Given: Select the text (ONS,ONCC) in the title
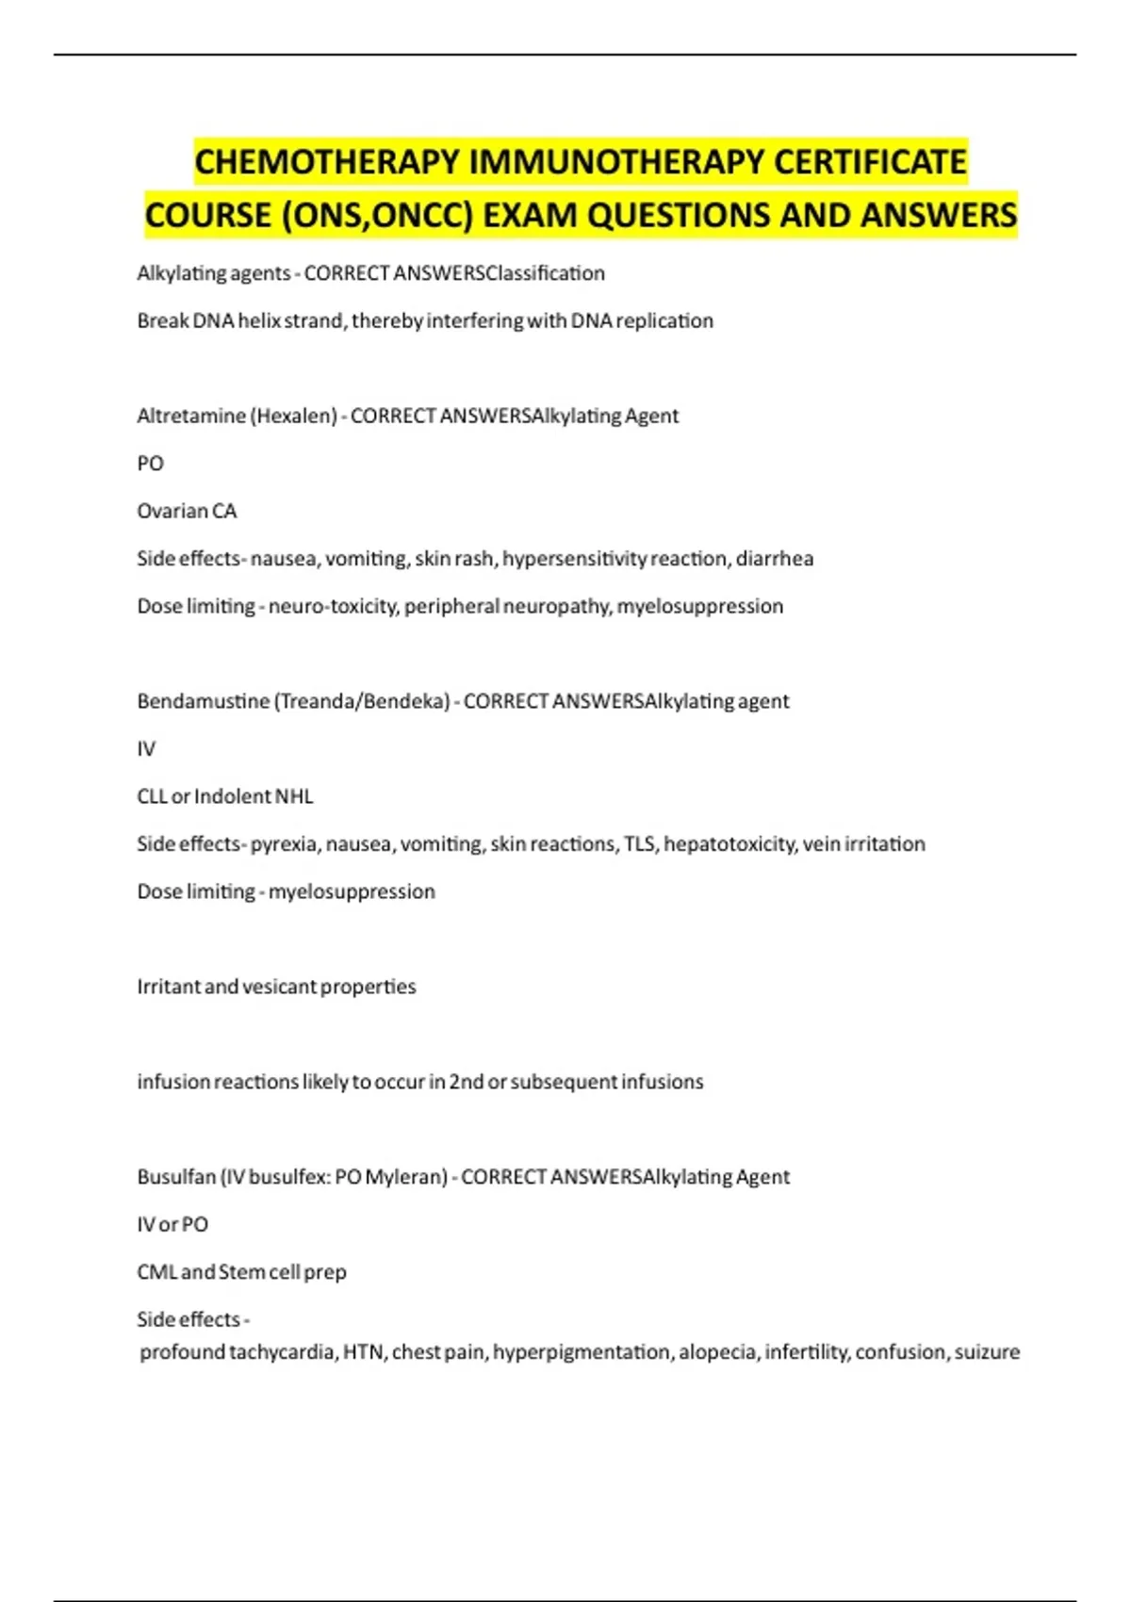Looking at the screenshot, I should click(377, 216).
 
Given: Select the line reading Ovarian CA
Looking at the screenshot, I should click(187, 511).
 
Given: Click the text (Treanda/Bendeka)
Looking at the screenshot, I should click(362, 701).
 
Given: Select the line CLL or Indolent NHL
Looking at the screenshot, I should click(225, 796).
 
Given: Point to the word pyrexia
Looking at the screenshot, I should click(285, 843).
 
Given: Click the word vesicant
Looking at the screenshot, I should click(279, 987).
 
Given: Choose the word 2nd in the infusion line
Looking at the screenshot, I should click(467, 1082).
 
